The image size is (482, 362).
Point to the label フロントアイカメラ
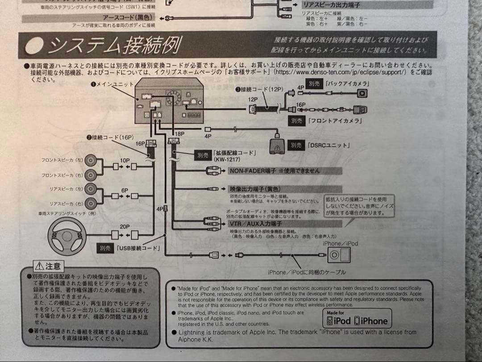(334, 121)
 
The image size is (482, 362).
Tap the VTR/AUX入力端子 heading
(255, 223)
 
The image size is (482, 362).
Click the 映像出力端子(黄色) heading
(255, 189)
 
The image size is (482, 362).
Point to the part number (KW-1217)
(226, 159)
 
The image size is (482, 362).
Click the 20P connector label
(124, 226)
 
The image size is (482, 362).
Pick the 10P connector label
(125, 160)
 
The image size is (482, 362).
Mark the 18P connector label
(179, 133)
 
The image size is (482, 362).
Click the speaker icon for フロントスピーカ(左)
(91, 160)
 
